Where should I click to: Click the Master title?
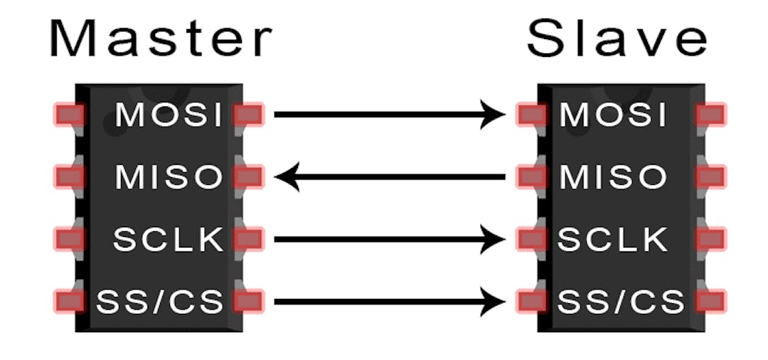pos(160,39)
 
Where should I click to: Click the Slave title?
pos(617,39)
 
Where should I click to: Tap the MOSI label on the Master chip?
pos(170,115)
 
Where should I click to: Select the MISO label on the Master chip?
pos(170,177)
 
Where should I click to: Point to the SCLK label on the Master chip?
pos(169,240)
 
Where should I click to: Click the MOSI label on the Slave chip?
pos(614,115)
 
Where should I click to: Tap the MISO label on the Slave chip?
pos(614,177)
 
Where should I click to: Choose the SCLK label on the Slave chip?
pos(613,240)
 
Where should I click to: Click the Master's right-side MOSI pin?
pos(248,115)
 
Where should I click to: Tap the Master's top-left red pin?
pos(69,115)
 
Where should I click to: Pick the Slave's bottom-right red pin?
pos(710,302)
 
